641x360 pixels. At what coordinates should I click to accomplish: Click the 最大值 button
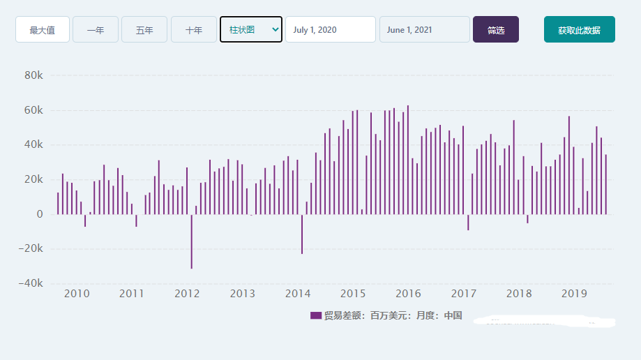(43, 30)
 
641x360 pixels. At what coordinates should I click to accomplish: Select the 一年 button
(96, 30)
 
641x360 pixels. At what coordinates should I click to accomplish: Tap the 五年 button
(144, 30)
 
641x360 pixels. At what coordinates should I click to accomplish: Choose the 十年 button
(194, 30)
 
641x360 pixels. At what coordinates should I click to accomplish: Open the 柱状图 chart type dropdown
(251, 29)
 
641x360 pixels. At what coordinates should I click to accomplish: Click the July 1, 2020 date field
(330, 30)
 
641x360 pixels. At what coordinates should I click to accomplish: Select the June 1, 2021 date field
(424, 30)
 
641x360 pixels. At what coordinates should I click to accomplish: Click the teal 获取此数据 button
(579, 30)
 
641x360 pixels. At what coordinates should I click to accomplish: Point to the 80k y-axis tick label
(33, 75)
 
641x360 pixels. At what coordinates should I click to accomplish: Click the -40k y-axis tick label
(31, 284)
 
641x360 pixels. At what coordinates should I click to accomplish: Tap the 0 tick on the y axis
(40, 214)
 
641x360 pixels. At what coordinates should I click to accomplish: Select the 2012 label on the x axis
(187, 294)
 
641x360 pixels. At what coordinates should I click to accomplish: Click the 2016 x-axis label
(408, 294)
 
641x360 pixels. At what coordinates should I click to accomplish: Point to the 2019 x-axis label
(573, 294)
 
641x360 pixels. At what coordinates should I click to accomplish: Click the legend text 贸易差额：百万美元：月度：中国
(393, 315)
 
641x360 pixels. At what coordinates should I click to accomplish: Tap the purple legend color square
(315, 315)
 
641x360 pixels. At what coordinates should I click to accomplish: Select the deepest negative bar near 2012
(192, 241)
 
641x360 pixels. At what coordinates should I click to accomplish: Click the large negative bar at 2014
(302, 234)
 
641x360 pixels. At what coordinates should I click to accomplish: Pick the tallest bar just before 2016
(408, 160)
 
